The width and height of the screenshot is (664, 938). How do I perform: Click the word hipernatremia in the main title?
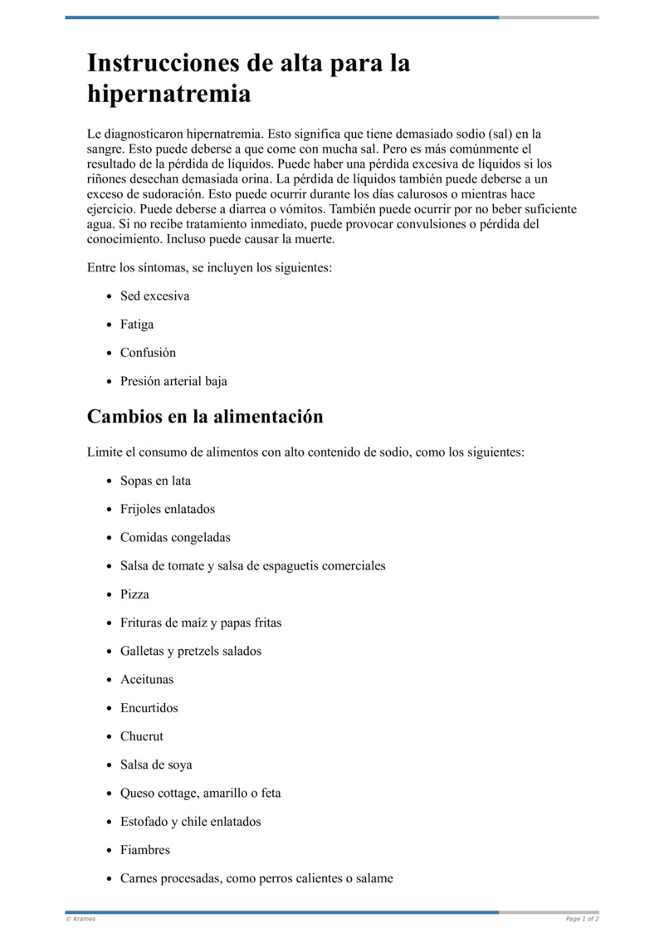pos(168,95)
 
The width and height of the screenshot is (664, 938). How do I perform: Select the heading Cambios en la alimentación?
pos(204,417)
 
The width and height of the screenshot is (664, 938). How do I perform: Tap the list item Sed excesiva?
pos(154,296)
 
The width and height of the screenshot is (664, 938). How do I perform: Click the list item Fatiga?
pos(137,325)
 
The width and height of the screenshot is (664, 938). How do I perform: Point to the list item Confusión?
pos(148,353)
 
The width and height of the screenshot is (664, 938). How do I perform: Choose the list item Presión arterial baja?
pos(173,382)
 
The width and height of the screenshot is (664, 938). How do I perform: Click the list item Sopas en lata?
pos(155,481)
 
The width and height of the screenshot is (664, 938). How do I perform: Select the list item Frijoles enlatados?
pos(167,509)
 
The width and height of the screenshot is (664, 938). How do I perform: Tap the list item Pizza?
pos(134,594)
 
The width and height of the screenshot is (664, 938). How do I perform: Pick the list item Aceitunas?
pos(147,680)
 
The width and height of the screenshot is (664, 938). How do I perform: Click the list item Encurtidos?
pos(149,708)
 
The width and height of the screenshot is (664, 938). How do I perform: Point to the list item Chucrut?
pos(142,736)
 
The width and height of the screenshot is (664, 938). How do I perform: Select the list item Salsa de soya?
pos(156,765)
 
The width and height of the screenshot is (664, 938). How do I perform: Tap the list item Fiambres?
pos(145,850)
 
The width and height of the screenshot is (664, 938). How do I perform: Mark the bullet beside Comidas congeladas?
pos(110,538)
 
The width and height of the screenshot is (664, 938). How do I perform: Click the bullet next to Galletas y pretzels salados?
pos(110,652)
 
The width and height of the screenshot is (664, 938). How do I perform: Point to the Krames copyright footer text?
pos(81,919)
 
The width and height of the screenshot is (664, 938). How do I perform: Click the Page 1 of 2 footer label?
pos(582,919)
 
